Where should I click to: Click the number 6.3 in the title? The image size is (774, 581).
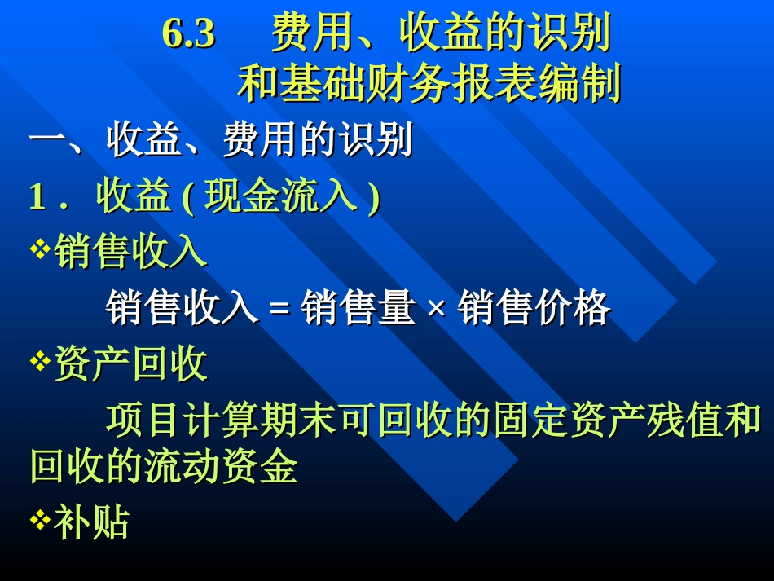pyautogui.click(x=188, y=34)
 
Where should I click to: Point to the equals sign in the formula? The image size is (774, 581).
pyautogui.click(x=279, y=310)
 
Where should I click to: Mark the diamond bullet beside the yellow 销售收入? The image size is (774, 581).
pyautogui.click(x=39, y=249)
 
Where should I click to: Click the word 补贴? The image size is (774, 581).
pyautogui.click(x=91, y=522)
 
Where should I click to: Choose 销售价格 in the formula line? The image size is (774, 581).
pyautogui.click(x=534, y=309)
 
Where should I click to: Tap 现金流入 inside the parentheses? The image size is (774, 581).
pyautogui.click(x=281, y=198)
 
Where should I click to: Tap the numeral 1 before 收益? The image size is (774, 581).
pyautogui.click(x=36, y=198)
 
